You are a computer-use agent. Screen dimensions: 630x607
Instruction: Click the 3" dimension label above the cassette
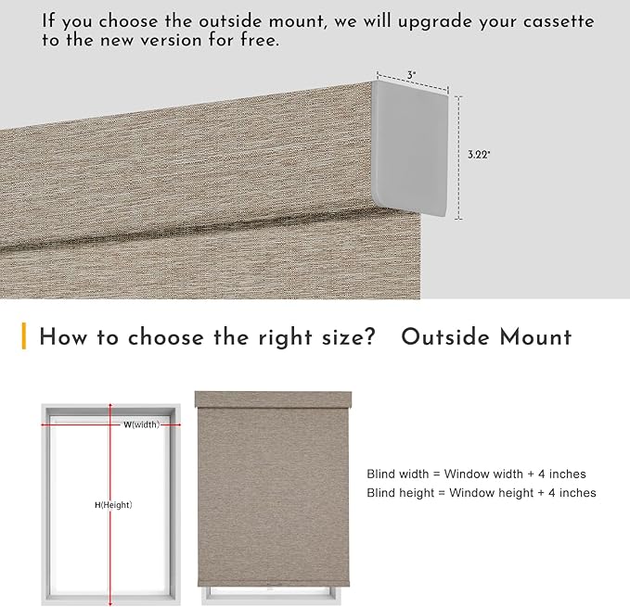click(411, 75)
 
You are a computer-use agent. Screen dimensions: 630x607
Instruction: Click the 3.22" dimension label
click(479, 155)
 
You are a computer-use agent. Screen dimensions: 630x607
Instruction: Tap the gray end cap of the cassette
click(411, 148)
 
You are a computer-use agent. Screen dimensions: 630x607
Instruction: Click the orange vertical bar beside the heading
click(24, 335)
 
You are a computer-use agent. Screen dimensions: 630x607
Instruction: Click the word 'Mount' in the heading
click(535, 336)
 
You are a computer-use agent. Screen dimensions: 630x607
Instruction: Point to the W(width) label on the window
click(141, 424)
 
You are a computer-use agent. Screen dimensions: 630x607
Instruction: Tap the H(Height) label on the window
click(113, 505)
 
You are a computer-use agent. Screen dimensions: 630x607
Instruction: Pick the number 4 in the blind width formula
click(542, 474)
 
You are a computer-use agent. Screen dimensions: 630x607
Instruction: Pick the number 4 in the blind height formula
click(552, 493)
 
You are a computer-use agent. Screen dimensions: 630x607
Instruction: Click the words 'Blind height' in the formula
click(401, 493)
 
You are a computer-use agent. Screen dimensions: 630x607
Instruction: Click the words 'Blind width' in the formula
click(398, 474)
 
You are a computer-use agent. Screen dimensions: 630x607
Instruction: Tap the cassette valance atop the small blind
click(273, 399)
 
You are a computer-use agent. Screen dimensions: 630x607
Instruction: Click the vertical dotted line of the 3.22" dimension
click(459, 158)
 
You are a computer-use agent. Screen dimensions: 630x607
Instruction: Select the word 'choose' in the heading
click(165, 336)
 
